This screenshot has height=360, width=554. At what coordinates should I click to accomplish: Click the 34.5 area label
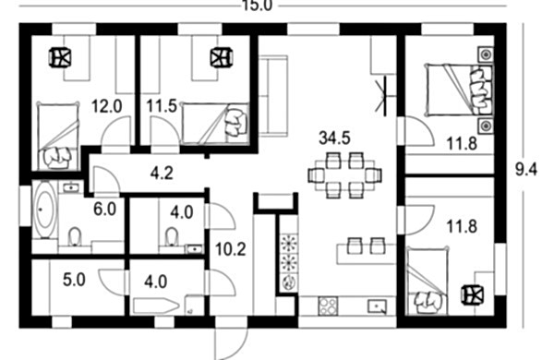coord(334,138)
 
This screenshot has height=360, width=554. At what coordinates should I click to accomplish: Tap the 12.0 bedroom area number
coord(107,106)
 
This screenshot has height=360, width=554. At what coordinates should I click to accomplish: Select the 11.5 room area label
coord(162,106)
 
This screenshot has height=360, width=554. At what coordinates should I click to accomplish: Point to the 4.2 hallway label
coord(162,174)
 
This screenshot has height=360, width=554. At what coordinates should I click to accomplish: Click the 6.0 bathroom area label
coord(105,210)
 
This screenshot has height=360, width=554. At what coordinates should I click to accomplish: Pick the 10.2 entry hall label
coord(230,250)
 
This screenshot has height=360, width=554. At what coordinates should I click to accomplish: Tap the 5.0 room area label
coord(74,281)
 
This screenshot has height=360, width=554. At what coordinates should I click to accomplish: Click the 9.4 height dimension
coord(526,170)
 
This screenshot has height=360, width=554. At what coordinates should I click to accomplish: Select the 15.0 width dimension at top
coord(257,6)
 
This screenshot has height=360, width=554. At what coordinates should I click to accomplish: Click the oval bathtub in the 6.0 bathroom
coord(45,210)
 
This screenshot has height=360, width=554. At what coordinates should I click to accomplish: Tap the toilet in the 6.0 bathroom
coord(75,236)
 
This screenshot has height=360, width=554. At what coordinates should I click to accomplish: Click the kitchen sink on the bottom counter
coord(378,306)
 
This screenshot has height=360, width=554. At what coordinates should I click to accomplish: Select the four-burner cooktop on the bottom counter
coord(328,306)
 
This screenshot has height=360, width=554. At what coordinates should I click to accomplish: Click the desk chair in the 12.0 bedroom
coord(59,57)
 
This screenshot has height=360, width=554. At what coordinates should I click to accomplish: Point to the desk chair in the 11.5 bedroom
coord(222,57)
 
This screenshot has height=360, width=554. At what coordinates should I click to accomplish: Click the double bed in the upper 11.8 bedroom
coord(459,90)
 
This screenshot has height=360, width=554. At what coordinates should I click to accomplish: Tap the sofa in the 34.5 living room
coord(272,96)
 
